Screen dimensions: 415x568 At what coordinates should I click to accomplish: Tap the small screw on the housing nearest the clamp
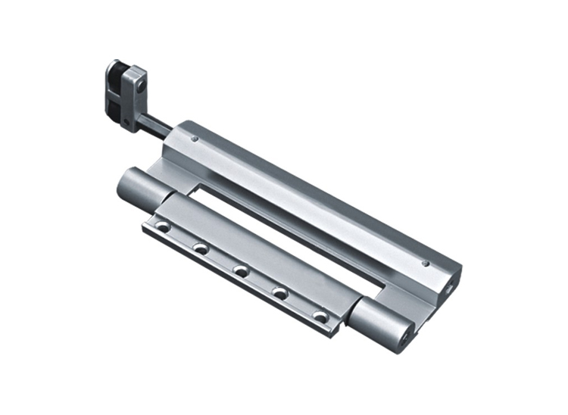(x=195, y=139)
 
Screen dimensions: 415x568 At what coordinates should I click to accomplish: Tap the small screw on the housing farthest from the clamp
(x=426, y=264)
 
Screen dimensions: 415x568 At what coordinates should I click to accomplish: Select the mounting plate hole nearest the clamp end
(x=161, y=225)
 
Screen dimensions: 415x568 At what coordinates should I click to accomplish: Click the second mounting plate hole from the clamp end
(x=201, y=248)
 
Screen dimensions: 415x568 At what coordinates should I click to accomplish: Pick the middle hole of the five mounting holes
(x=242, y=270)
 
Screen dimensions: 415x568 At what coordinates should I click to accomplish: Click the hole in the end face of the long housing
(x=453, y=285)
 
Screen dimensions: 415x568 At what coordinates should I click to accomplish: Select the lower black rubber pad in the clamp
(x=114, y=104)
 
